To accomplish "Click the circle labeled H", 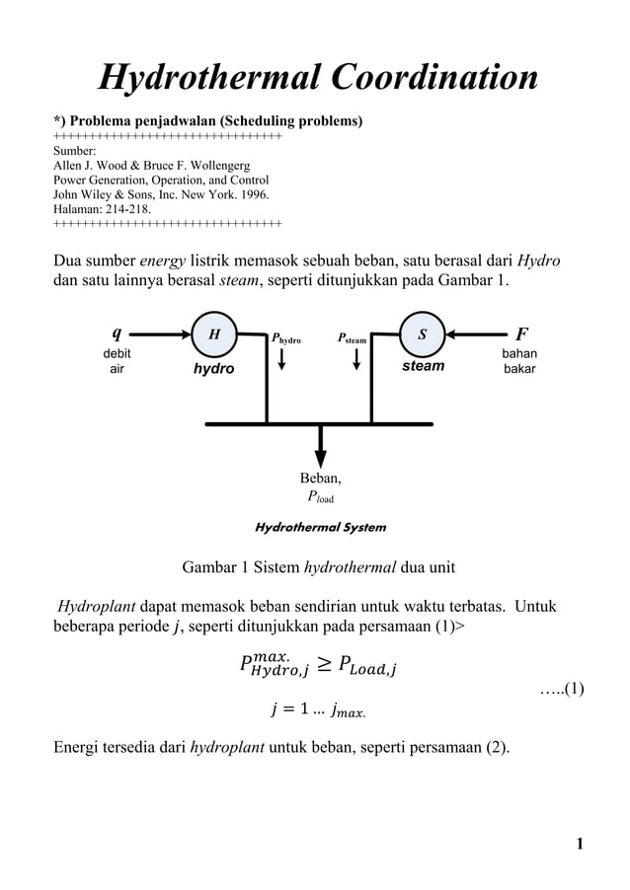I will pyautogui.click(x=213, y=334).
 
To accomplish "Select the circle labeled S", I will pyautogui.click(x=423, y=334).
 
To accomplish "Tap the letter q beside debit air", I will pyautogui.click(x=117, y=333).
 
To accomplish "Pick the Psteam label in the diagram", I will pyautogui.click(x=352, y=338).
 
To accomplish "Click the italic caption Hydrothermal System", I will pyautogui.click(x=320, y=527).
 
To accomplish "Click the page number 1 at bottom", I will pyautogui.click(x=580, y=843).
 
